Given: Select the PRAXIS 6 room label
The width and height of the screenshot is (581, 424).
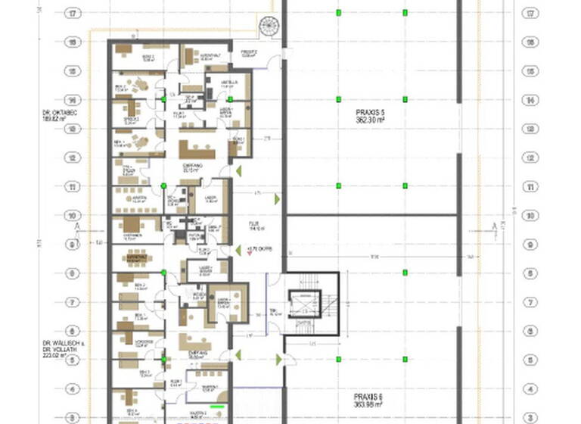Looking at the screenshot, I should [370, 396].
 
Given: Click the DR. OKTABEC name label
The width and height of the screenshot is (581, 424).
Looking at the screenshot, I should [61, 112].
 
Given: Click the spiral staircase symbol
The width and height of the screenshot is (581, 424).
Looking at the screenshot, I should [269, 26].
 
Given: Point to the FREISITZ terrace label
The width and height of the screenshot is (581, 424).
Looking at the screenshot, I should [249, 53].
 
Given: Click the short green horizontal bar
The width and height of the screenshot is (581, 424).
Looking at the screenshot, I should [218, 407].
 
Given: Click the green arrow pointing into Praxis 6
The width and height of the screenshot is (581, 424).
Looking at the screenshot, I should [278, 360].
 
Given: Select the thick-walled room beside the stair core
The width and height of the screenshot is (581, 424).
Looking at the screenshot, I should [228, 301].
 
